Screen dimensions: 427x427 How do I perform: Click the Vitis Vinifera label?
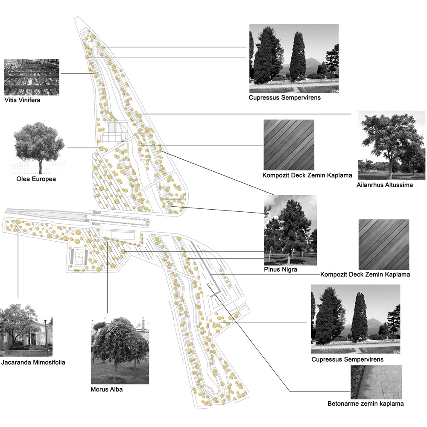pos(22,100)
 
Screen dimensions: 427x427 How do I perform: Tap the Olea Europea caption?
pos(36,179)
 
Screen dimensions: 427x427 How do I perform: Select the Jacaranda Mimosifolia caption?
pos(33,363)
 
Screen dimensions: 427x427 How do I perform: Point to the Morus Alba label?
pos(107,389)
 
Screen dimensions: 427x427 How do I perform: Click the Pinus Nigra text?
pos(281,269)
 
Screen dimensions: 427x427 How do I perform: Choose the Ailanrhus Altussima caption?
pos(385,185)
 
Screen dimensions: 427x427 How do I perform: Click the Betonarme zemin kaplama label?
pos(366,404)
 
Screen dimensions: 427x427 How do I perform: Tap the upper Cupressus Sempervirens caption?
pos(284,98)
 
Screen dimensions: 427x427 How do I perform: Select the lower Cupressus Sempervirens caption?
pos(348,360)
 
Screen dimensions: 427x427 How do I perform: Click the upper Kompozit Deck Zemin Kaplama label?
pos(307,175)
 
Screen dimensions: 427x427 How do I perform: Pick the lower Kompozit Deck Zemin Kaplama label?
pos(365,275)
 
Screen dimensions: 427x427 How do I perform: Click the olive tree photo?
pos(38,149)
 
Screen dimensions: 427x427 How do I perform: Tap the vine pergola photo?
pos(32,77)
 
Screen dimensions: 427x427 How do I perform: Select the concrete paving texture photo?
pos(376,382)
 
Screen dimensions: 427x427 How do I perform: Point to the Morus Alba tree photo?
pos(120,351)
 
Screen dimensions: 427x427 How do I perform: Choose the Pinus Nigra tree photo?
pos(290,230)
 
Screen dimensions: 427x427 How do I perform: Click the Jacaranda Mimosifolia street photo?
pos(26,330)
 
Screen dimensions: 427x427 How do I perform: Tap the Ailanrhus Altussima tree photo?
pos(392,145)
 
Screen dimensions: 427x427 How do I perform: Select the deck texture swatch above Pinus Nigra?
pos(289,145)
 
